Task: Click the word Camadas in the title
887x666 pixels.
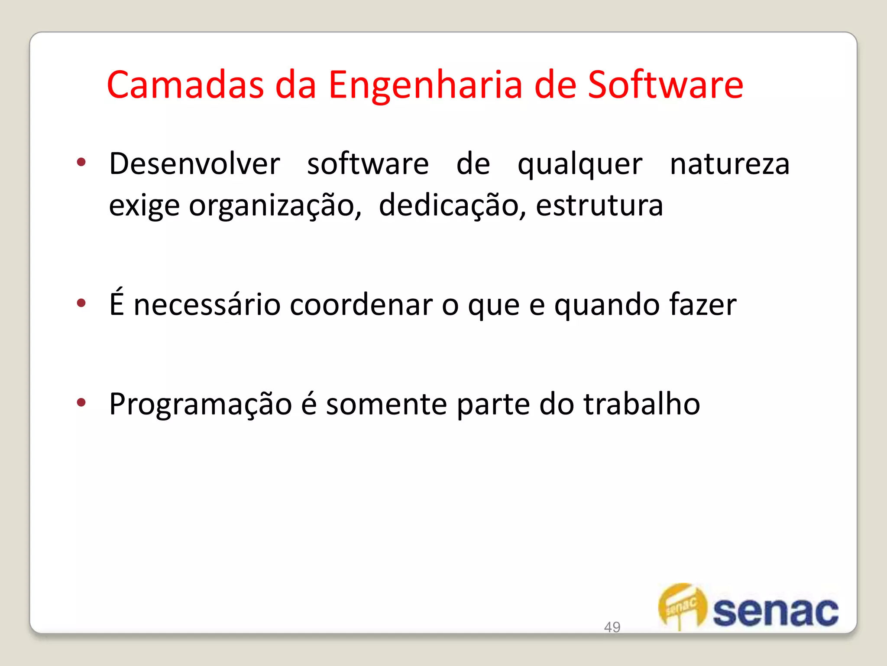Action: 185,85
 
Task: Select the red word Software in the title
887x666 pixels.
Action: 665,85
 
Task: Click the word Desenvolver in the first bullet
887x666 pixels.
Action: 194,164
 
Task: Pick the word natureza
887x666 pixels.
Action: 730,165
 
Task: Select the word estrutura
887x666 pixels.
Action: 599,206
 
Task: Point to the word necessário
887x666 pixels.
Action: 207,305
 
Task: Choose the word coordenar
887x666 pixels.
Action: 361,305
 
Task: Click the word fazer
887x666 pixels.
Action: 702,304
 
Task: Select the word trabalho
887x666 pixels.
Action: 641,404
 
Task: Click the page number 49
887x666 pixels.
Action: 612,627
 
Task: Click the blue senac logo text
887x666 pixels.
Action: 775,612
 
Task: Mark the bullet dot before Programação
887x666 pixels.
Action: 81,402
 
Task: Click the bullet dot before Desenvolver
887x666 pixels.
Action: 81,163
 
